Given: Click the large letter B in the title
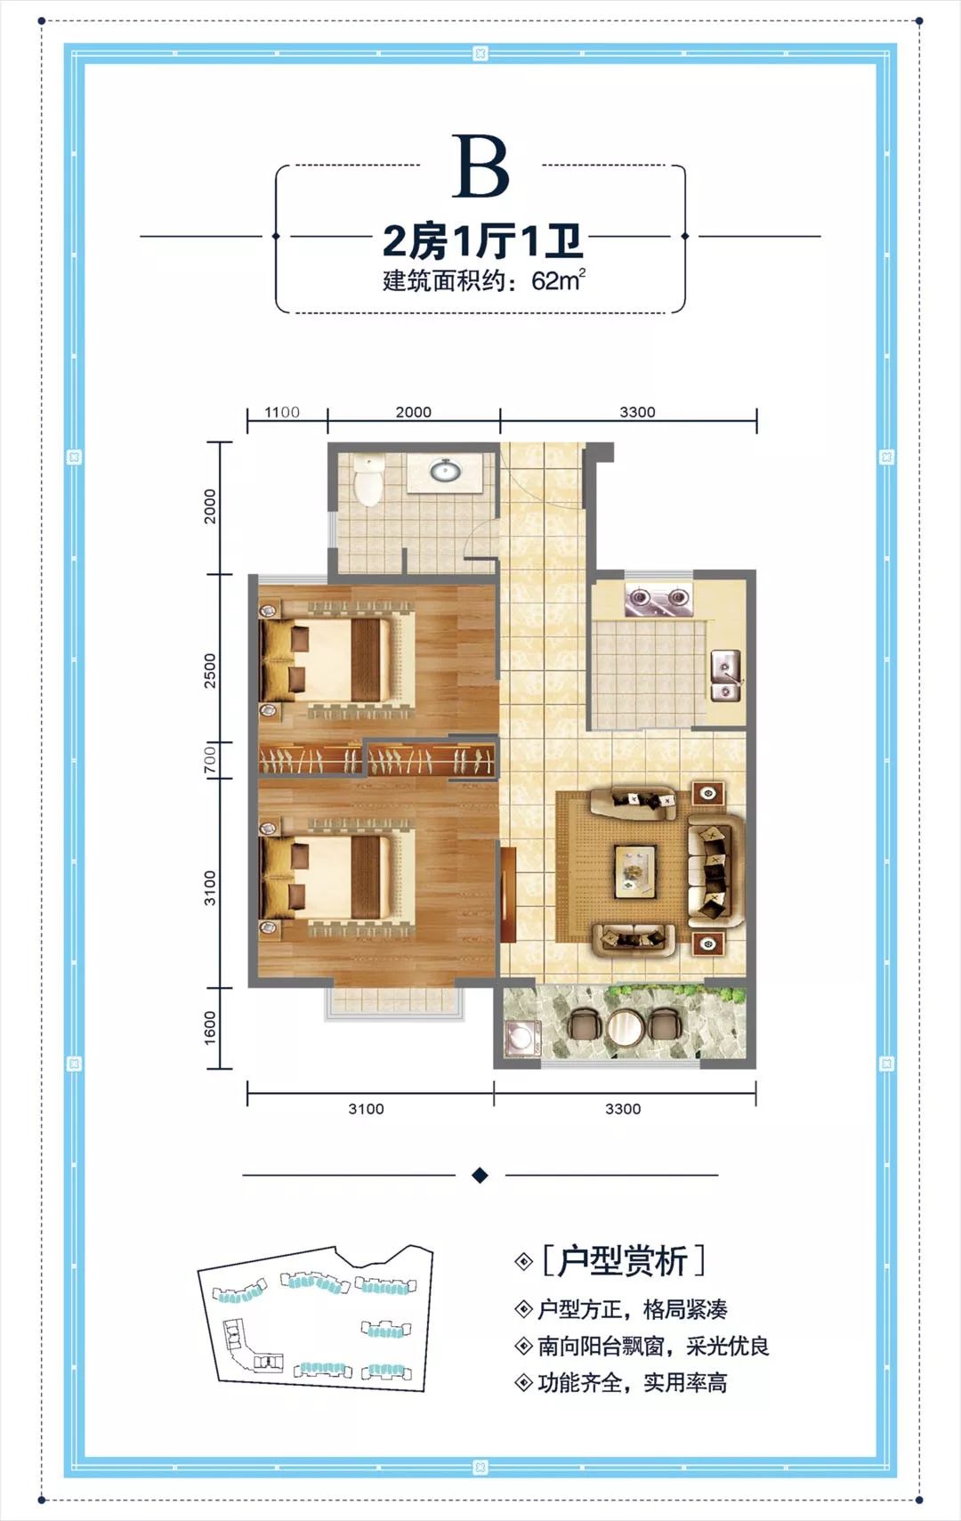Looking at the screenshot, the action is [480, 166].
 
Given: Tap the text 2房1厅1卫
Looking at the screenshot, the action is [482, 241].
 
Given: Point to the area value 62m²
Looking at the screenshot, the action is [558, 280].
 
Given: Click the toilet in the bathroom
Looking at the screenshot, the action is [368, 479].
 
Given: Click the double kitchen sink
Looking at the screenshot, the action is [725, 676].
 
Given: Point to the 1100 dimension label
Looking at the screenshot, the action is [282, 412].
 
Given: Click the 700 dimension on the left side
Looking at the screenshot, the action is [210, 760].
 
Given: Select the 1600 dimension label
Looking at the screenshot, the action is [210, 1027].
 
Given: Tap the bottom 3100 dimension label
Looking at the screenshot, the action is [366, 1109].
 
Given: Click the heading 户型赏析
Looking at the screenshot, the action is [623, 1261].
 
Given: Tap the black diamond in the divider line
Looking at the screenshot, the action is [480, 1175].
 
